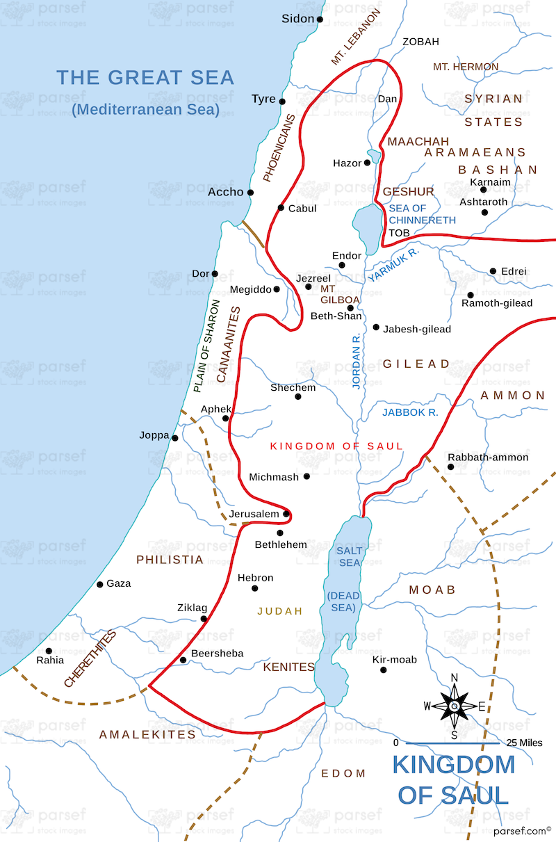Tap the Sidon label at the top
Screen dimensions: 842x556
click(298, 19)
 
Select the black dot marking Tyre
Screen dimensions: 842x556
click(282, 102)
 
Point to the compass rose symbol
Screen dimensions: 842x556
click(454, 706)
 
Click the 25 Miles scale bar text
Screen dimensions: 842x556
click(524, 743)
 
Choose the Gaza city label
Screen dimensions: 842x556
click(119, 583)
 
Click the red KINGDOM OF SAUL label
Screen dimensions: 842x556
click(336, 446)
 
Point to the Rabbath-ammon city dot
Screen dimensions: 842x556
click(450, 467)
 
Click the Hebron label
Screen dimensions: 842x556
click(255, 578)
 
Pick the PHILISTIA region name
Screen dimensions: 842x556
click(170, 560)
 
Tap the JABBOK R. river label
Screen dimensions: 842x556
click(410, 412)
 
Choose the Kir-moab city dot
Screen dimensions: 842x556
click(383, 670)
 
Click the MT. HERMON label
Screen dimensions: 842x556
click(465, 67)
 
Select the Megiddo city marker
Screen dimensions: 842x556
click(277, 289)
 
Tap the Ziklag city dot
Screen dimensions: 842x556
click(204, 618)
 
